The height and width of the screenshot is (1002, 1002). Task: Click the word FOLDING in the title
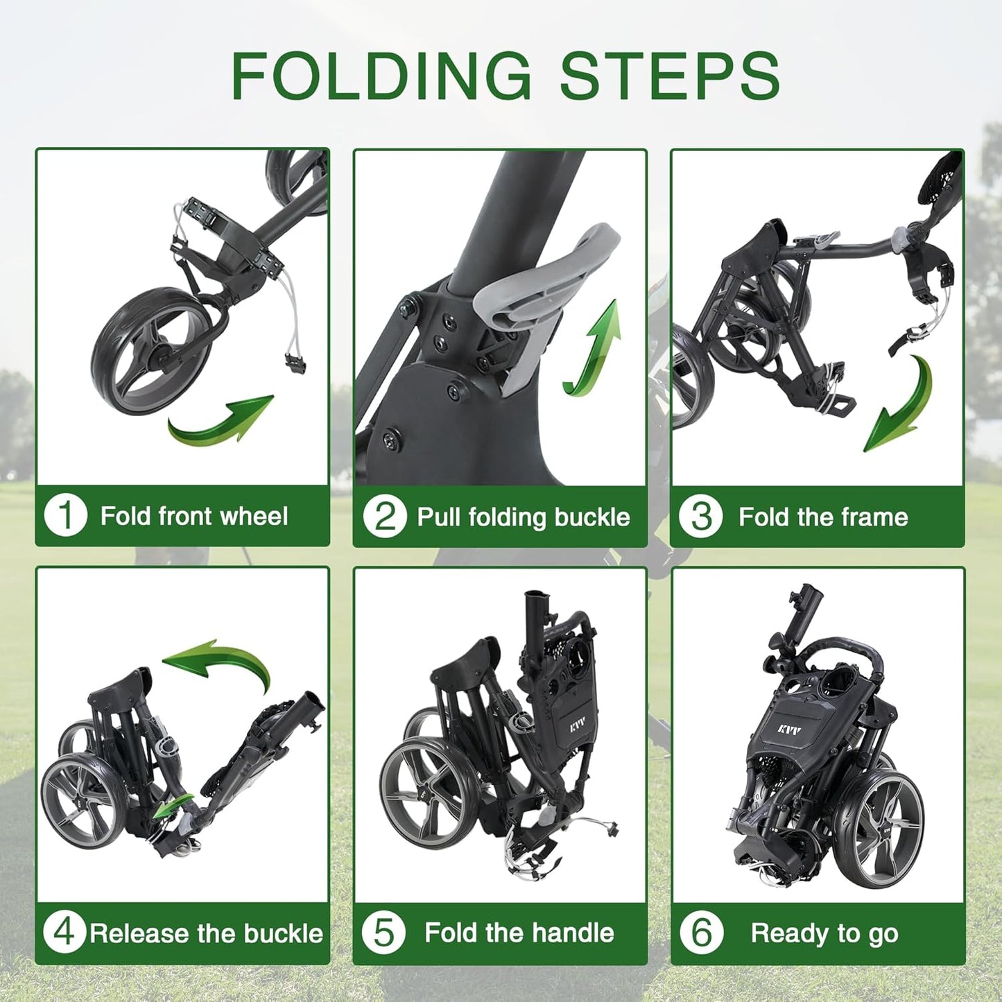(381, 76)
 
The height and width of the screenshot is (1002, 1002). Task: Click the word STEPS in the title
(670, 76)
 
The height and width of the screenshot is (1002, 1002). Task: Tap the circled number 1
(65, 516)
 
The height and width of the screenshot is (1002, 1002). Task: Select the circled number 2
(384, 517)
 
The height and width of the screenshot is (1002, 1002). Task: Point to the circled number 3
(700, 517)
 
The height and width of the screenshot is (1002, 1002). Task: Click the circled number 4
(64, 933)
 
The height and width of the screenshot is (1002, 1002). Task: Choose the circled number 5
(383, 933)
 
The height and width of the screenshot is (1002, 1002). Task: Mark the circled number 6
(701, 933)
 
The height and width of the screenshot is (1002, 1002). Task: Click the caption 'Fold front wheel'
(194, 517)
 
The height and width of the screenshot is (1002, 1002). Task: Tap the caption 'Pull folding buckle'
(524, 517)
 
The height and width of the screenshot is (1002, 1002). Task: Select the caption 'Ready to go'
(824, 933)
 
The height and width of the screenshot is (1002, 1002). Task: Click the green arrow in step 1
(222, 420)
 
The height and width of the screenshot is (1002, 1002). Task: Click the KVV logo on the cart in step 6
(789, 730)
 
